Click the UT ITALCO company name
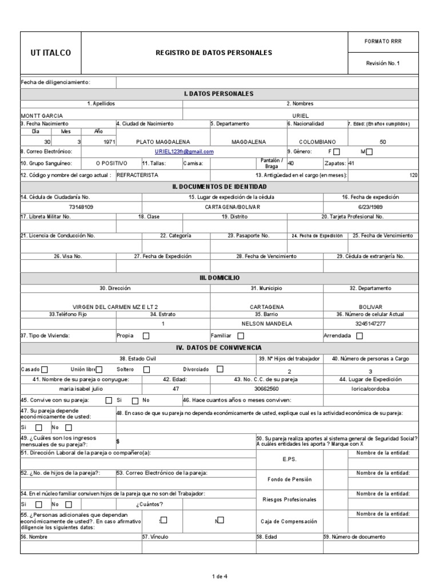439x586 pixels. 51,53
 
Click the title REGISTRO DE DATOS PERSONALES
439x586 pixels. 214,53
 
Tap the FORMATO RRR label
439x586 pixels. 383,42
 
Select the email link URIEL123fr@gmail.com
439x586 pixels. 184,152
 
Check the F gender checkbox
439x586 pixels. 336,152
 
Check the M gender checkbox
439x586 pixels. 369,152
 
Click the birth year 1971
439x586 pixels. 103,141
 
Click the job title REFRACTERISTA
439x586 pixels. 137,175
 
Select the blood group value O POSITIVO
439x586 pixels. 111,163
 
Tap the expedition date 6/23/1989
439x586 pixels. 370,207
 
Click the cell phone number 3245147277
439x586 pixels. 370,324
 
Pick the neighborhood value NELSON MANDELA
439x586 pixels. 266,324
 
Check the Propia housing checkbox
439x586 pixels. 146,336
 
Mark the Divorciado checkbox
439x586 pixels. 220,369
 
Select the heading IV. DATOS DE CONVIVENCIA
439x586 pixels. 219,347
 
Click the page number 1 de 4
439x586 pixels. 219,576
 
